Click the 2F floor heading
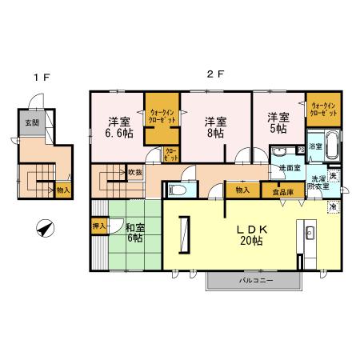pos(214,74)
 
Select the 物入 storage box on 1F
pos(63,190)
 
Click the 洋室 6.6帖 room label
pos(119,128)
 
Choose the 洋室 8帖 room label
pos(212,128)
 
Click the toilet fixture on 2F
pos(178,190)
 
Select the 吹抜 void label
pos(134,173)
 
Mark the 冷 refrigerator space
pos(332,206)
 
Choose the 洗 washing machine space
pos(334,176)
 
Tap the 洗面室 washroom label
pos(289,168)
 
